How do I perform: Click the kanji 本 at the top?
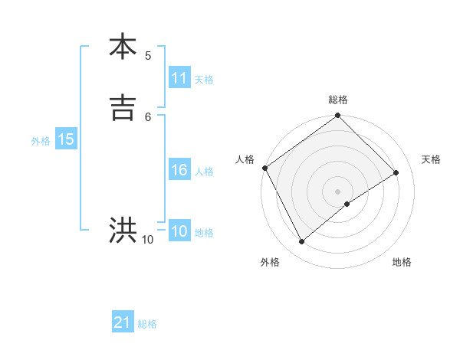click(x=123, y=47)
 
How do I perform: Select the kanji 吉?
click(x=123, y=108)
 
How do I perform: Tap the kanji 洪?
click(x=123, y=231)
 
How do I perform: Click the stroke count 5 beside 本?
click(x=148, y=55)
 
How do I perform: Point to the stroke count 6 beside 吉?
click(x=148, y=116)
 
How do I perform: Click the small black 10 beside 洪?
click(x=148, y=240)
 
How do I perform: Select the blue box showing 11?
click(x=179, y=78)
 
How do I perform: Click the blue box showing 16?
click(x=179, y=170)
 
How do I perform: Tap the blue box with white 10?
click(x=179, y=231)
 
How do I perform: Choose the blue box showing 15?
click(x=66, y=139)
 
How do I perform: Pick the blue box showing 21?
click(x=123, y=322)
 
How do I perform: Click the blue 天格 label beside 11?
click(x=204, y=80)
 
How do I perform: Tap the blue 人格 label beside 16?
click(x=204, y=172)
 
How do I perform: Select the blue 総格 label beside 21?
click(x=147, y=324)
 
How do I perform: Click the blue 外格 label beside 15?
click(x=41, y=141)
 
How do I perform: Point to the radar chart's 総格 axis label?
click(x=338, y=100)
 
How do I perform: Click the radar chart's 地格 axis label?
click(x=402, y=262)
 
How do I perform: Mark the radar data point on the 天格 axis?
click(x=396, y=172)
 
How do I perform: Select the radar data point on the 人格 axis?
click(x=264, y=168)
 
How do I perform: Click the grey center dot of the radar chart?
click(x=338, y=191)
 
